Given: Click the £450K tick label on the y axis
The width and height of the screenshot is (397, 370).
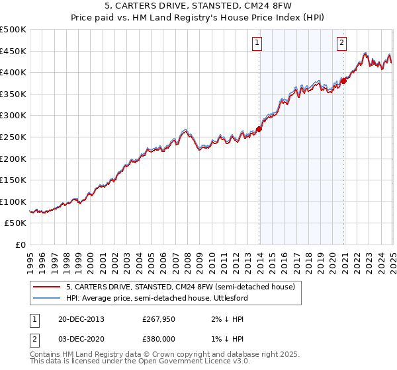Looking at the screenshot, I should click(13, 51).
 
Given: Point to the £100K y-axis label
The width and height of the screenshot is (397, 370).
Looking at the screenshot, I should click(13, 202).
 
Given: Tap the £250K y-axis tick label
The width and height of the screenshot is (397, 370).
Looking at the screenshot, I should click(13, 137).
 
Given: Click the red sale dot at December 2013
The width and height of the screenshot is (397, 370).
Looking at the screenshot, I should click(259, 129).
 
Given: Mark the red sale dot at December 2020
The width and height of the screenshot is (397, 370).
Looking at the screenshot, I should click(343, 81).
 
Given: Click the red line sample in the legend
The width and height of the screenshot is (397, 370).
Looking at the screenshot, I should click(46, 286).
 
